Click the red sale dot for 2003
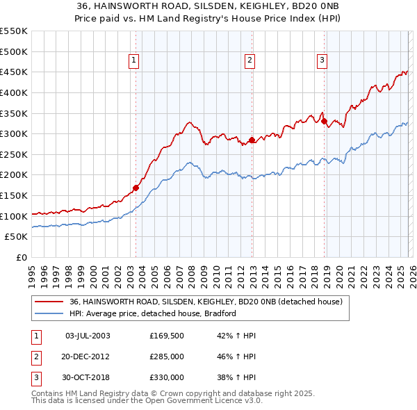coord(136,187)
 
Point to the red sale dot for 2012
coord(252,140)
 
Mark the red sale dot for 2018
coord(325,121)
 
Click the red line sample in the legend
coord(48,302)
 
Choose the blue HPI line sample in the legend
coord(48,313)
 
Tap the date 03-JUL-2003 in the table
coord(87,336)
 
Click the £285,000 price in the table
coord(167,356)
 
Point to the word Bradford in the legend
coord(220,313)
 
